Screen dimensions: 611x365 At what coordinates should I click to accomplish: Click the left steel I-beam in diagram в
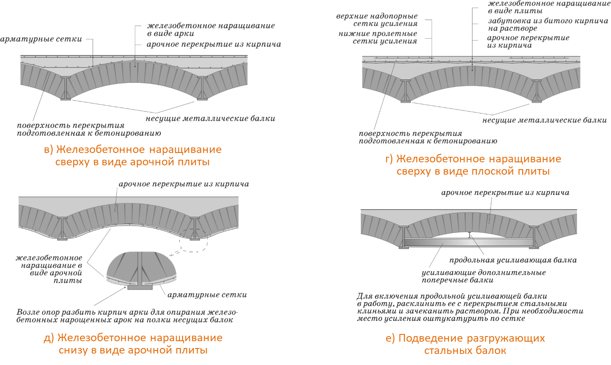[x=65, y=88]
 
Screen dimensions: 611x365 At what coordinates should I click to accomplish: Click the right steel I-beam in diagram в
[x=202, y=88]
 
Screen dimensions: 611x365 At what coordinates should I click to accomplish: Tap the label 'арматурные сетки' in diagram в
[x=41, y=39]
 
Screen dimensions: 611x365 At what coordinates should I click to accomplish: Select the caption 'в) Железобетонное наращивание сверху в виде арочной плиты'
[x=132, y=156]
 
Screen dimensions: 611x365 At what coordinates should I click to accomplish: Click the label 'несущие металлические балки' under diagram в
[x=210, y=119]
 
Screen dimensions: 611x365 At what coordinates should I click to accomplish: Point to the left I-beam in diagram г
[x=405, y=91]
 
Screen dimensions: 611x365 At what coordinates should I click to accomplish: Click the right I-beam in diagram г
[x=537, y=91]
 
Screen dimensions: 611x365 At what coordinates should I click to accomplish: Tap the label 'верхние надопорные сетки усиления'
[x=377, y=20]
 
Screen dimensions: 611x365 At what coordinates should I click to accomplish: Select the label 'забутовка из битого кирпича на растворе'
[x=548, y=25]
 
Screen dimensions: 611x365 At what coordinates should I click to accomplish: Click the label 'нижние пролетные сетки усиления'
[x=378, y=37]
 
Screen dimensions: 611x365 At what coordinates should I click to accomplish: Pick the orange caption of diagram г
[x=473, y=165]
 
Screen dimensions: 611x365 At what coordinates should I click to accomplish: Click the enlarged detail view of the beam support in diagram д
[x=141, y=271]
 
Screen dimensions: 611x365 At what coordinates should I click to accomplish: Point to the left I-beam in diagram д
[x=62, y=229]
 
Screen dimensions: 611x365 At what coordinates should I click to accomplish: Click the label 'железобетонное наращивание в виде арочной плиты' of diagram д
[x=49, y=269]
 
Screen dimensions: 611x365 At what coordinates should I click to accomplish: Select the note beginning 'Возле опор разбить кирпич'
[x=127, y=316]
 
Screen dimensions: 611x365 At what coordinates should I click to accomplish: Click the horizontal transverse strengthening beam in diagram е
[x=469, y=242]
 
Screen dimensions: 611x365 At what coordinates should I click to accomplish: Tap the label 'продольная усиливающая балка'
[x=513, y=260]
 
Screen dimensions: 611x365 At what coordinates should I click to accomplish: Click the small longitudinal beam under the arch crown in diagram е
[x=469, y=235]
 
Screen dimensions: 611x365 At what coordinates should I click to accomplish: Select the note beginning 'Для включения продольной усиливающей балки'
[x=470, y=307]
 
